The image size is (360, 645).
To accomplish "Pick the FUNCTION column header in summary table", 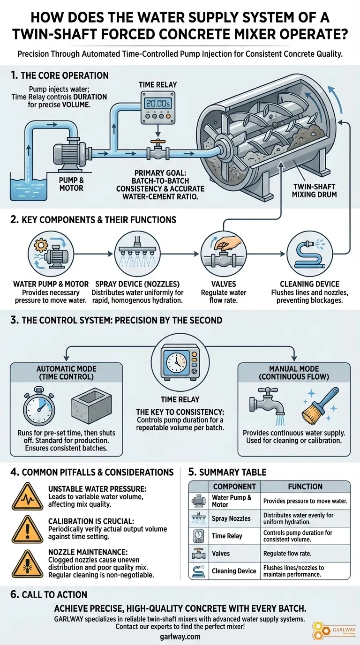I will pos(305,486).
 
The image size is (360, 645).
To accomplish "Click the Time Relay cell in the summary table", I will pos(227,536).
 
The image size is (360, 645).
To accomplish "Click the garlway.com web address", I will pos(180,637).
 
